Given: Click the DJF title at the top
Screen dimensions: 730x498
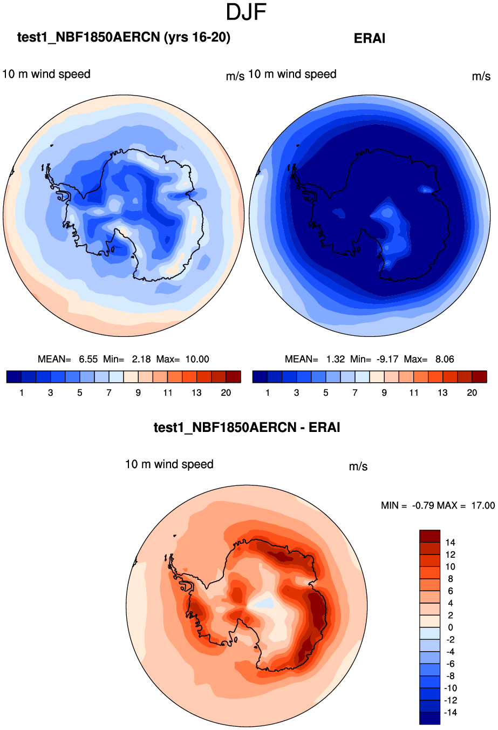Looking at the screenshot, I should coord(247,12).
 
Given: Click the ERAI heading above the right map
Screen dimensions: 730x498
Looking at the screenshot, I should coord(370,38).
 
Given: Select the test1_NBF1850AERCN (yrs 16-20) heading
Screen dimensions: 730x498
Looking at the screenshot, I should coord(124,37).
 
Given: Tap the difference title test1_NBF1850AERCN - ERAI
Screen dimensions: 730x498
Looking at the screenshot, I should coord(247,428).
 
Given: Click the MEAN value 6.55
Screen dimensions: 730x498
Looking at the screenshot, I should coord(88,359).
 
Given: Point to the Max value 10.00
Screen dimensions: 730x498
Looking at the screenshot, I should coord(197,359).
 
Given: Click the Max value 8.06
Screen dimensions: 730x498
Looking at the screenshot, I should coord(445,359).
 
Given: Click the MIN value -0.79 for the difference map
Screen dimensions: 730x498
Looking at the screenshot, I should coord(423,505).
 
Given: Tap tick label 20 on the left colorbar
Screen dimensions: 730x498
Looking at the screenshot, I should coord(226,393).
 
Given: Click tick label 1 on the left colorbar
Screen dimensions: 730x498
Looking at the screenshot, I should coord(22,393).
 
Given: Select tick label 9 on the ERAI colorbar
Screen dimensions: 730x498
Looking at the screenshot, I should coord(384,393).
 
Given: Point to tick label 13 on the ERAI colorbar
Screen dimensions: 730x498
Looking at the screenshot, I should coord(442,393).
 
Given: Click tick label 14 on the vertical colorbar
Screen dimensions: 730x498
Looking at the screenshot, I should coord(451,542).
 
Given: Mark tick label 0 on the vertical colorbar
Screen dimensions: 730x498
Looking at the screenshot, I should coord(451,627).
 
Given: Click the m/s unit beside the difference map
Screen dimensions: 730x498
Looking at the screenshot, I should coord(358,466).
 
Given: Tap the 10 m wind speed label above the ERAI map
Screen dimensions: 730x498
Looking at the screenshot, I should coord(292,74).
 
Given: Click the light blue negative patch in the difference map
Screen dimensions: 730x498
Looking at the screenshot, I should coord(265,603).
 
